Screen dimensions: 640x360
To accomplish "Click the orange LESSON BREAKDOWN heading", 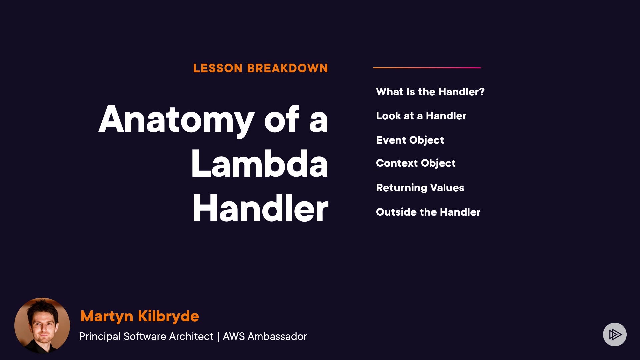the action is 261,68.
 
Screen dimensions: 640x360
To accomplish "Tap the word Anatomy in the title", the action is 176,120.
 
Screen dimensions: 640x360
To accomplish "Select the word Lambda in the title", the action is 260,163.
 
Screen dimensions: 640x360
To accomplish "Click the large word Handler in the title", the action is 260,208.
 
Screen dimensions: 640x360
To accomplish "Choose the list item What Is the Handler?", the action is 430,92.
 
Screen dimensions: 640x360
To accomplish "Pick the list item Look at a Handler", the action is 421,116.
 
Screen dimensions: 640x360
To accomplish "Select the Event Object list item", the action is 410,140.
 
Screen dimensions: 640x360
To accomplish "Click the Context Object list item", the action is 416,163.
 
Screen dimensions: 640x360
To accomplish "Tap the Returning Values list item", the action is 420,188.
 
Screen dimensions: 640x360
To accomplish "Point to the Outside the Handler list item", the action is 428,212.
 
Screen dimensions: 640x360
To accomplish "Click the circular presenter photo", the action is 42,326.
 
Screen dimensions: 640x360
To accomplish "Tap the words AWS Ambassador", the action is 265,336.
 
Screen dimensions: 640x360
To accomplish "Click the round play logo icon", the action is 615,334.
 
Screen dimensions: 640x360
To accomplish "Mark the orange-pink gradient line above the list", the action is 427,68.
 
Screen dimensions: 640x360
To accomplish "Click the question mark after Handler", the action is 481,92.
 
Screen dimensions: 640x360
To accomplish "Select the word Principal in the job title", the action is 100,337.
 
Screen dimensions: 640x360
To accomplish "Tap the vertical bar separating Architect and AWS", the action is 218,337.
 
